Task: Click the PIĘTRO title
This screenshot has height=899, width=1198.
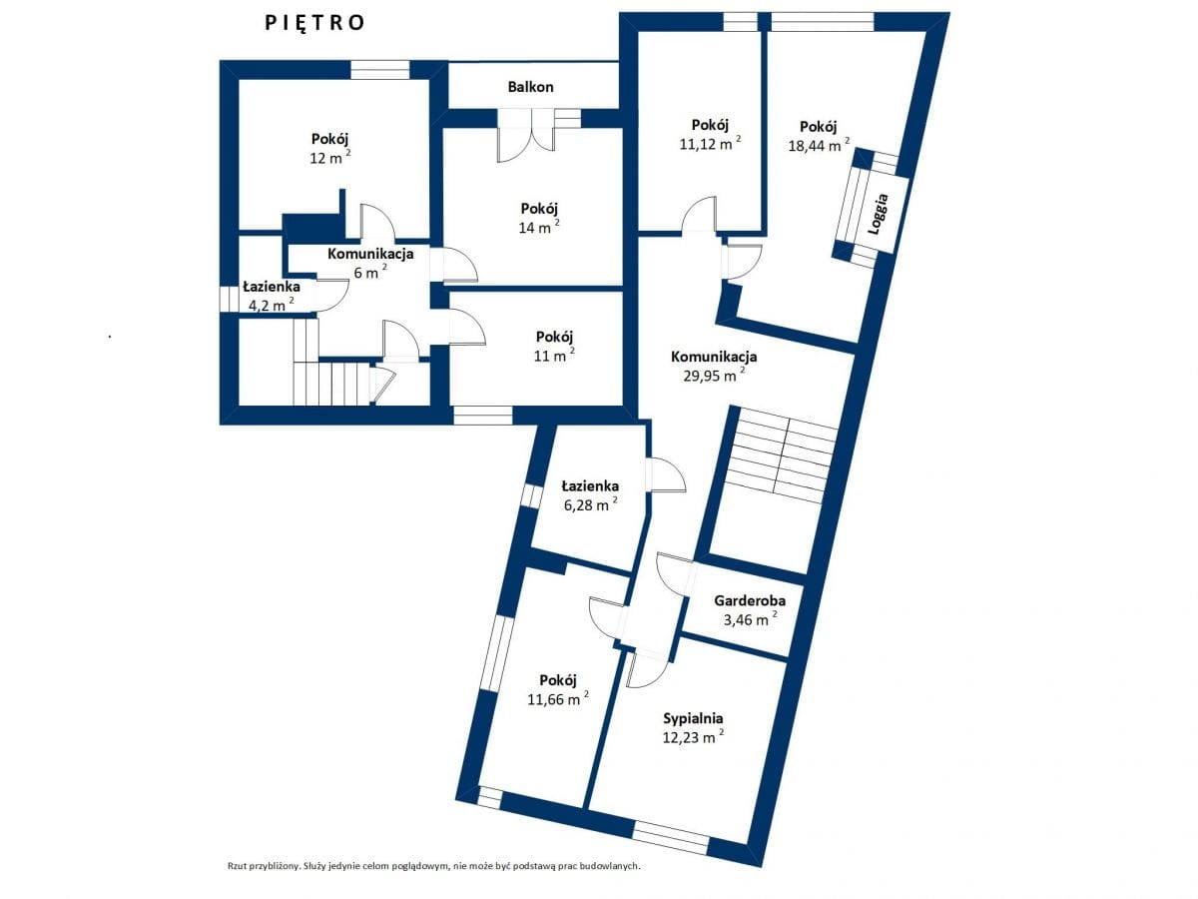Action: [314, 23]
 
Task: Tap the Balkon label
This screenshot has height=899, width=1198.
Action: [530, 87]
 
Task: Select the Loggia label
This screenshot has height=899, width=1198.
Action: [879, 214]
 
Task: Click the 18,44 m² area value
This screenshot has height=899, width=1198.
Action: [819, 145]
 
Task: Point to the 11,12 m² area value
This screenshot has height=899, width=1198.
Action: [710, 143]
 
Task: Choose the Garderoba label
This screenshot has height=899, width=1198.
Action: [750, 601]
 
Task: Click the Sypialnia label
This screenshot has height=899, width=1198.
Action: [693, 718]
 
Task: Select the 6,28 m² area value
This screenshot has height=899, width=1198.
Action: [591, 503]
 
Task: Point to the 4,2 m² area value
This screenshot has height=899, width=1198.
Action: [272, 304]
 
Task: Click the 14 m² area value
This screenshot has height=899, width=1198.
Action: [539, 227]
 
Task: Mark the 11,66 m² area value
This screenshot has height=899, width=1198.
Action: [558, 698]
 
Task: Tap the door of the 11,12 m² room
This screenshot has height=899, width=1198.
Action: [699, 215]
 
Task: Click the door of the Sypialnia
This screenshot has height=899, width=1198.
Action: [647, 669]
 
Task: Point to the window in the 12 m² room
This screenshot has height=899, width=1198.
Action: [380, 70]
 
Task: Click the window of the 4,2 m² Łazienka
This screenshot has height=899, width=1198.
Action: [230, 299]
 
